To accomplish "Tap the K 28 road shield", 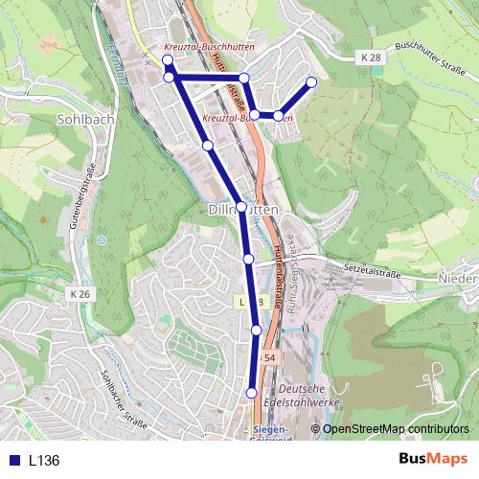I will [372, 58].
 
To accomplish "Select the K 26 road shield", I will [81, 292].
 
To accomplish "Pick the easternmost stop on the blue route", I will [311, 82].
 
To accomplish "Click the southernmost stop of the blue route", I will [252, 393].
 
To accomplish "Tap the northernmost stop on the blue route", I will [167, 60].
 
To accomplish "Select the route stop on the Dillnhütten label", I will [241, 207].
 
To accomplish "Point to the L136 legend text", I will [44, 460].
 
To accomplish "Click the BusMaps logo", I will [433, 459].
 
